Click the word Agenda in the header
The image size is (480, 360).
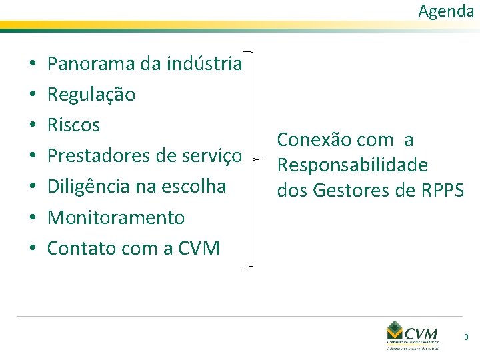click(446, 11)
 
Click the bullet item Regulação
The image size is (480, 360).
click(91, 95)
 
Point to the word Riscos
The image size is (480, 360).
click(73, 125)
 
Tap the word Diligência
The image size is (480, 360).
click(87, 187)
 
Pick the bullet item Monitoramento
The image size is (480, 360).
click(116, 217)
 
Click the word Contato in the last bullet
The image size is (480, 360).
click(75, 249)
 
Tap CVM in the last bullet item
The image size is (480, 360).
click(198, 249)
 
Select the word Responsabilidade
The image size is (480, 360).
click(353, 165)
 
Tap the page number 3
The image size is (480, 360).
click(466, 338)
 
